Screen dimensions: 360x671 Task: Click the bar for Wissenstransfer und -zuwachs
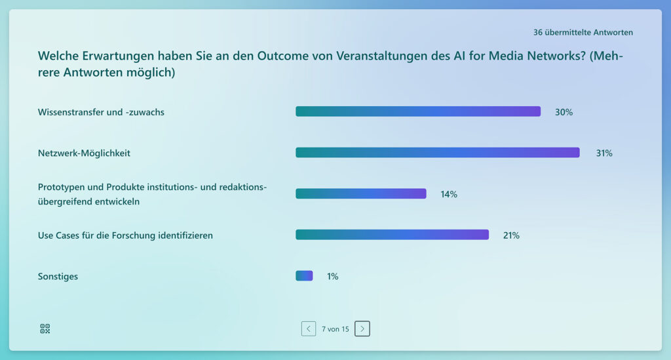tap(418, 111)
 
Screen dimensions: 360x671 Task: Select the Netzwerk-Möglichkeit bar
tap(437, 153)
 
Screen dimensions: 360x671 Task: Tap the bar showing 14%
tap(361, 193)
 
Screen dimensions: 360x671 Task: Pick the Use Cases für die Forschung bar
tap(392, 235)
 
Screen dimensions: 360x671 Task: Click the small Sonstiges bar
tap(304, 276)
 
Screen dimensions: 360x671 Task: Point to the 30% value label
tap(564, 112)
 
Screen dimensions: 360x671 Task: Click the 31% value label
tap(604, 153)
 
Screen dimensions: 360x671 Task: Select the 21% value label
tap(511, 235)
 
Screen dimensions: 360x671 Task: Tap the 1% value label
tap(333, 276)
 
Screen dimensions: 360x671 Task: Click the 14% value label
tap(449, 194)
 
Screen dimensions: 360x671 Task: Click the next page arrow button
tap(362, 329)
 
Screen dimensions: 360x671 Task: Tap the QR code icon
tap(45, 329)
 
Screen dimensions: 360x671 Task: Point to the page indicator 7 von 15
tap(335, 329)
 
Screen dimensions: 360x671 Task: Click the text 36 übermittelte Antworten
tap(583, 32)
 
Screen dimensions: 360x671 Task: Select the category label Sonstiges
tap(58, 276)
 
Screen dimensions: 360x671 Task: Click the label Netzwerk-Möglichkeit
tap(84, 153)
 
